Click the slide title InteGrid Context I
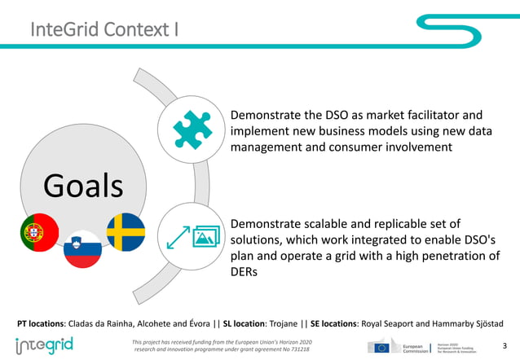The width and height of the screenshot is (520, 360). tap(105, 31)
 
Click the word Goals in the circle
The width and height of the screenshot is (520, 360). tap(83, 185)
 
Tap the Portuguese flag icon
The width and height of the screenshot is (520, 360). tap(40, 232)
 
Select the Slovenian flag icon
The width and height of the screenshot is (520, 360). tap(82, 248)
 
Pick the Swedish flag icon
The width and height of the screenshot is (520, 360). tap(126, 232)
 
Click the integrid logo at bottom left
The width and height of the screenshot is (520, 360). tap(45, 345)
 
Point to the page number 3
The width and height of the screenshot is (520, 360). tap(505, 346)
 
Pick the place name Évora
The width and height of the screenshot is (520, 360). tap(197, 322)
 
